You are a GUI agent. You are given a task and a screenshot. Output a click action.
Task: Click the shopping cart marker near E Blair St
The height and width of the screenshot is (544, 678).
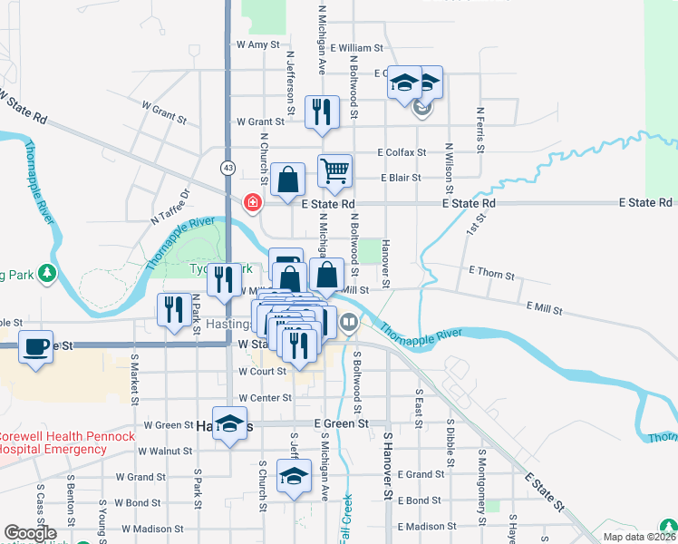(x=334, y=171)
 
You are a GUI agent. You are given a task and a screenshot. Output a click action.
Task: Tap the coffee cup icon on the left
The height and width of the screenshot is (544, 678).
(x=35, y=347)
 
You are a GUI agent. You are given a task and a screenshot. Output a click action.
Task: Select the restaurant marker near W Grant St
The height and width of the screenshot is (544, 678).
(x=322, y=112)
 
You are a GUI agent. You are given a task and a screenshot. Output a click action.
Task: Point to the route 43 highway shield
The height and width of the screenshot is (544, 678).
(x=228, y=169)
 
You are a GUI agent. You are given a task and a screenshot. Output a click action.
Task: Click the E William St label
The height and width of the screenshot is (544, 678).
(x=357, y=47)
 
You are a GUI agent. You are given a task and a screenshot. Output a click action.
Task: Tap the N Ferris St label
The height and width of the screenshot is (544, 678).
(x=479, y=131)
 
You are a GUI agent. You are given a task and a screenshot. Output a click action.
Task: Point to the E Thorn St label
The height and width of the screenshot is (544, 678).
(x=492, y=273)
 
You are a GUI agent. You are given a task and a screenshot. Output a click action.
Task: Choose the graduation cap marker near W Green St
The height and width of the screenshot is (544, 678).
(x=230, y=425)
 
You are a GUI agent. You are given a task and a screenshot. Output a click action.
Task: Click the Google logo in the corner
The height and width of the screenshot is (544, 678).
(x=30, y=533)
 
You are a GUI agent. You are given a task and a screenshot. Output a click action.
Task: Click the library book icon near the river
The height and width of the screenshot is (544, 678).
(x=349, y=321)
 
